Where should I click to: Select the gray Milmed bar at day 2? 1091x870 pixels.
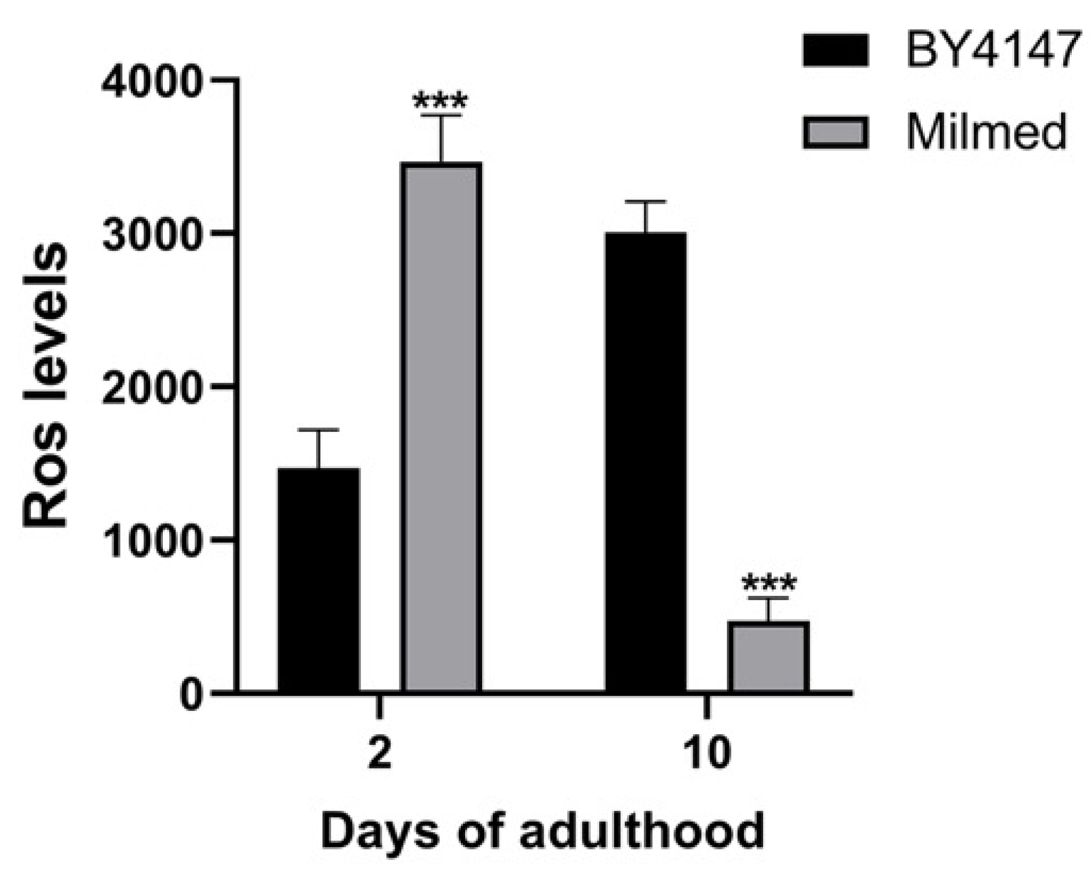tap(442, 428)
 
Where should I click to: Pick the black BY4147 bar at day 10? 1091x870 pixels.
tap(646, 462)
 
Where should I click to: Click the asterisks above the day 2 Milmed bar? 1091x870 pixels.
tap(441, 101)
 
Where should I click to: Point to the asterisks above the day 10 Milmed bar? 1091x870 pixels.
tap(769, 584)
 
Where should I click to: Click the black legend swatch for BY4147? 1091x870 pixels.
tap(836, 51)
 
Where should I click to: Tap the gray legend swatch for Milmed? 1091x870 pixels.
tap(836, 132)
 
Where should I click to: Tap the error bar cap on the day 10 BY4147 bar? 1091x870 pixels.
tap(646, 202)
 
